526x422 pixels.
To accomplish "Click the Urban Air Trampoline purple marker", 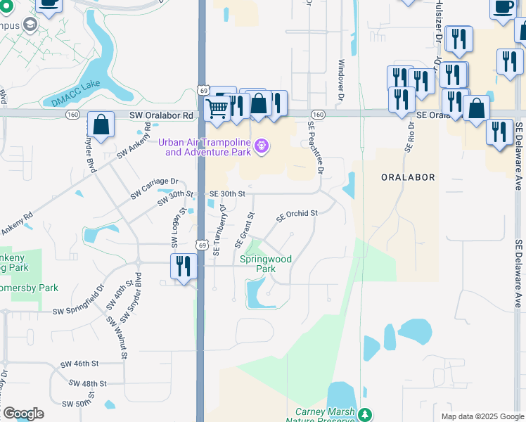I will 262,146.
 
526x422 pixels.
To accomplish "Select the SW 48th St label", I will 88,384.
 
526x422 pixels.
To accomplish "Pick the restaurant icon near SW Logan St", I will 182,267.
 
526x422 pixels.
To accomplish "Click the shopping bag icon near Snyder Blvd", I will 101,124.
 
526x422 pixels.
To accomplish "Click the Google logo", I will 23,414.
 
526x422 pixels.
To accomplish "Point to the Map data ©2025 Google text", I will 482,416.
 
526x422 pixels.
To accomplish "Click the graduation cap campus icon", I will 30,25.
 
